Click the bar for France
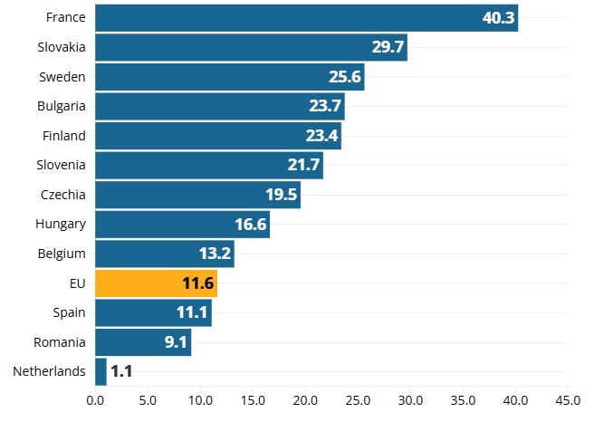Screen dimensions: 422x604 (306, 17)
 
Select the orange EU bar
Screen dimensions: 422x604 (156, 283)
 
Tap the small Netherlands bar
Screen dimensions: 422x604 (101, 371)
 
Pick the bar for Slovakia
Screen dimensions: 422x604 (251, 47)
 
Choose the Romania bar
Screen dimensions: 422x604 (143, 342)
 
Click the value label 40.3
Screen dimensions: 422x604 (498, 17)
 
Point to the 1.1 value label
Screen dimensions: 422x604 (121, 371)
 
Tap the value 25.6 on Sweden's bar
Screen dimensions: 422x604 (345, 77)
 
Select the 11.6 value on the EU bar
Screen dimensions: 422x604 (198, 283)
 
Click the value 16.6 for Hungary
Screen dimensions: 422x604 (251, 225)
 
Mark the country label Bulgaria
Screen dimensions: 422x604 (62, 106)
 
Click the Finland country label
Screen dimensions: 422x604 (64, 136)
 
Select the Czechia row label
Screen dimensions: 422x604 (63, 195)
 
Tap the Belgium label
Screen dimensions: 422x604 (62, 254)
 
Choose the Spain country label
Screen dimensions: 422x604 (69, 312)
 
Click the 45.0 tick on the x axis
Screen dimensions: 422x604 (567, 399)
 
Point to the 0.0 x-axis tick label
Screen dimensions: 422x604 (95, 399)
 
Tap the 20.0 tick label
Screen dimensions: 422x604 (305, 399)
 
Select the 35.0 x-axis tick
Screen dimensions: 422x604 (463, 399)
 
